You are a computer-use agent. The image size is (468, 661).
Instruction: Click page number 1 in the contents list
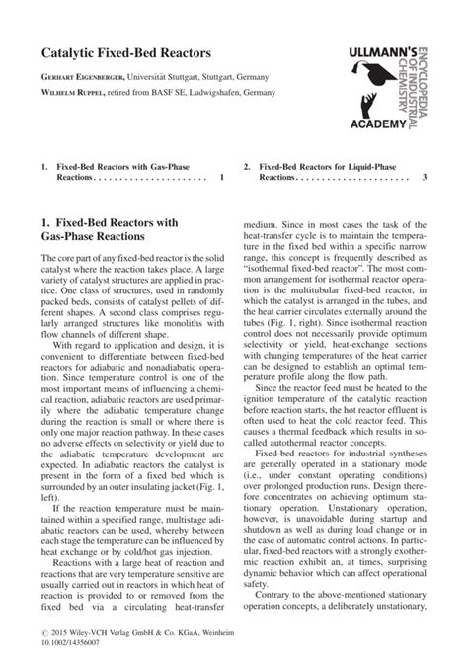(222, 178)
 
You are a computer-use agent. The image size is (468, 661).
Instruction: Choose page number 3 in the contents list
(425, 178)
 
